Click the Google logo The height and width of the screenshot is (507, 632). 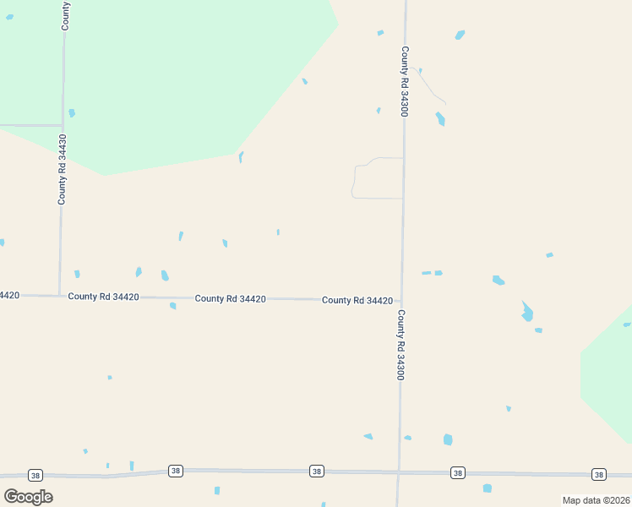pos(28,497)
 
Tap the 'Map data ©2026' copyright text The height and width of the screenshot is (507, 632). pos(595,500)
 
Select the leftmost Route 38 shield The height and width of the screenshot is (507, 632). pos(35,475)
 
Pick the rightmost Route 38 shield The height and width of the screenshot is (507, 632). pos(598,474)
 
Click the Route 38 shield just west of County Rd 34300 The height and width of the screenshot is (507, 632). pos(316,471)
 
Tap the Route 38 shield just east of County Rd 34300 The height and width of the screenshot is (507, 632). pos(457,472)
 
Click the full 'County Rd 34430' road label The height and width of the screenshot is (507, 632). pos(62,169)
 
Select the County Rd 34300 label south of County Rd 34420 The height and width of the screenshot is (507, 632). pos(401,345)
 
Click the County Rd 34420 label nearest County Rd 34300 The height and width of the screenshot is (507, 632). pos(357,301)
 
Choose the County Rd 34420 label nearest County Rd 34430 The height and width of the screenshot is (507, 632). pos(104,297)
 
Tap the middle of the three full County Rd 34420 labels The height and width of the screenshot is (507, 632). pos(231,299)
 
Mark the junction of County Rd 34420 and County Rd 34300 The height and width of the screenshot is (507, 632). pos(401,302)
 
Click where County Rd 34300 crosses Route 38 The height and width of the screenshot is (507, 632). pos(398,472)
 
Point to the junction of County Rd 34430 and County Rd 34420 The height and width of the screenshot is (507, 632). pos(59,296)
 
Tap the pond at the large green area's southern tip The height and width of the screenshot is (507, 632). pos(241,156)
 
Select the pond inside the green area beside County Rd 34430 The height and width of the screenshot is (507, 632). pos(72,113)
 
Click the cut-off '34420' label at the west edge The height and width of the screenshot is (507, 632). pos(9,295)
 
